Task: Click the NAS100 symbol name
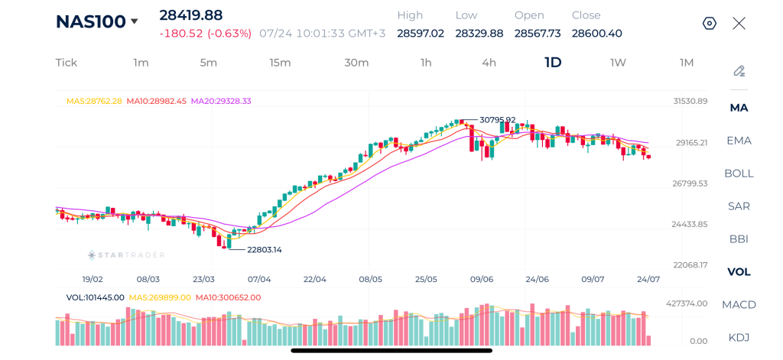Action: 90,22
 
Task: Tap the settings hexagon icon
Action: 709,24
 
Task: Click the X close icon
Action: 739,23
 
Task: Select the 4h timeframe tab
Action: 489,63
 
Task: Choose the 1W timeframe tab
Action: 618,63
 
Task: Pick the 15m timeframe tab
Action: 280,63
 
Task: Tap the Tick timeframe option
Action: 67,63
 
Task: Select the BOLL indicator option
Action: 739,174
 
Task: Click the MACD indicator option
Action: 739,304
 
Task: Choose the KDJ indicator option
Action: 739,338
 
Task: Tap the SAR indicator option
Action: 739,206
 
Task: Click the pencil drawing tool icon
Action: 739,71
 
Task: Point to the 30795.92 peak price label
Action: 497,120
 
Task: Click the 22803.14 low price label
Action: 265,250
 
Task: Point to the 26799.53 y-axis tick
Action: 690,183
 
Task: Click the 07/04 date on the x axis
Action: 259,279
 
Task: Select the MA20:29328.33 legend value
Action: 221,101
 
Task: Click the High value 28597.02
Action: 421,34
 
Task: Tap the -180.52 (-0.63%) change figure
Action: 205,34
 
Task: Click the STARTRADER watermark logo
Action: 126,255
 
